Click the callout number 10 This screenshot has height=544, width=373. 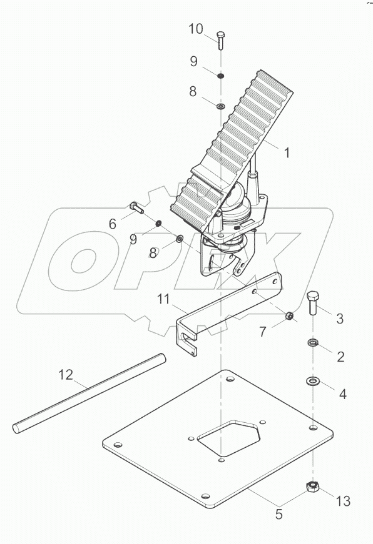tap(195, 29)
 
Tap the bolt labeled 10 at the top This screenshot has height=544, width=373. tap(220, 40)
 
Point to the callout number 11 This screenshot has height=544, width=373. tap(163, 300)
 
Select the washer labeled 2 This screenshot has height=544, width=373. tap(312, 342)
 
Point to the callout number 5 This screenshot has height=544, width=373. tap(279, 515)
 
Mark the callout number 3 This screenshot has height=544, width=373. tap(340, 319)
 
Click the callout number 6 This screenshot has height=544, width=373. tap(113, 223)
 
